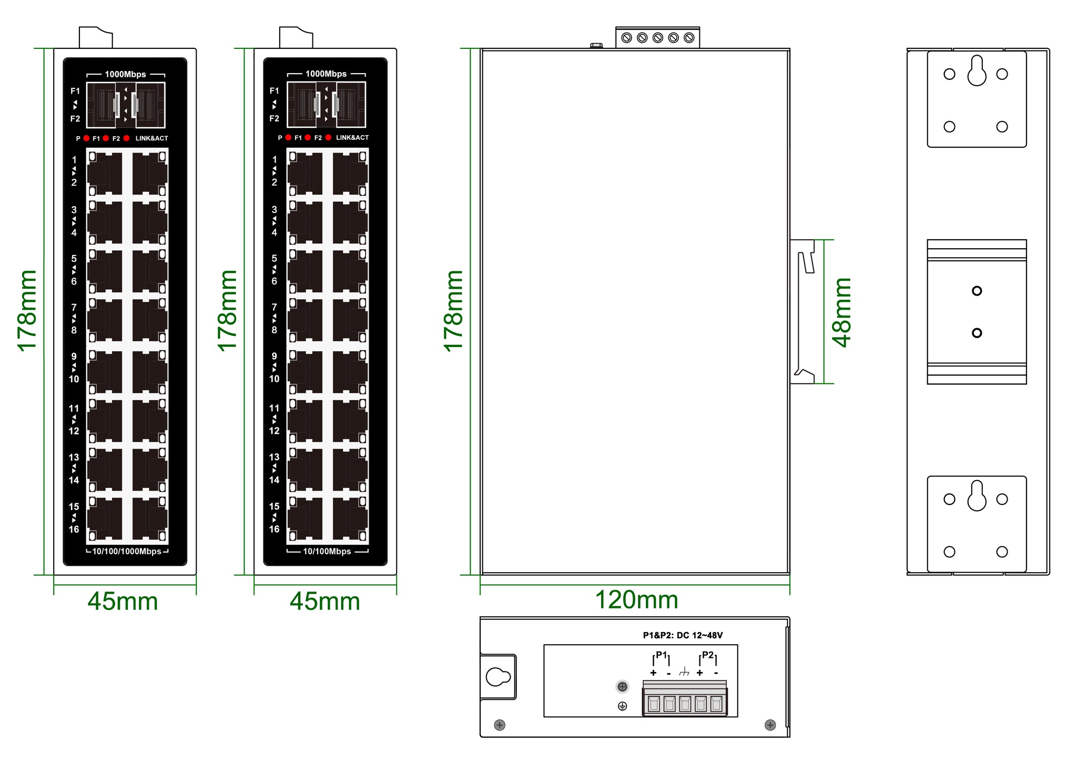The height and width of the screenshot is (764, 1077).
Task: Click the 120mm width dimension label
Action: pyautogui.click(x=636, y=600)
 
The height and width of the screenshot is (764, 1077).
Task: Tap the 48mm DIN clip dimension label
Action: pyautogui.click(x=841, y=312)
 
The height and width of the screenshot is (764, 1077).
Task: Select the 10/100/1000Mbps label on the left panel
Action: pyautogui.click(x=127, y=552)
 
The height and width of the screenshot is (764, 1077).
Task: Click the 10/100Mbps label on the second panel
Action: pyautogui.click(x=327, y=552)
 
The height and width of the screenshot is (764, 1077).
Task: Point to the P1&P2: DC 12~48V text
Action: pyautogui.click(x=683, y=635)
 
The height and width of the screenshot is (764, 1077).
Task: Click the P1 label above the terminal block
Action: pyautogui.click(x=661, y=655)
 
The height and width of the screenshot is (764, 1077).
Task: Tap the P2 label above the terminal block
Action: pyautogui.click(x=708, y=655)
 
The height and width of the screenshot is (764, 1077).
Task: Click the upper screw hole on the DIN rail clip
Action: pyautogui.click(x=977, y=291)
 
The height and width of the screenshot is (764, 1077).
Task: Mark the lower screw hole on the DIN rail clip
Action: pyautogui.click(x=977, y=333)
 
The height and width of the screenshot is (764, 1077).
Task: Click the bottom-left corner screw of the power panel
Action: pyautogui.click(x=500, y=725)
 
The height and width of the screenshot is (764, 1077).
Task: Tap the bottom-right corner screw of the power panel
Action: pyautogui.click(x=770, y=725)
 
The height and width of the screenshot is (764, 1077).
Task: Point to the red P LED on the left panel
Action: pyautogui.click(x=86, y=138)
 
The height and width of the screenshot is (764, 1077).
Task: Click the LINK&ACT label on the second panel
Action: pyautogui.click(x=352, y=138)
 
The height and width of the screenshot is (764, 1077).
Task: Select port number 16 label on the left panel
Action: pyautogui.click(x=74, y=529)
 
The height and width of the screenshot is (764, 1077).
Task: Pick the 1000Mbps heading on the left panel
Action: pyautogui.click(x=125, y=74)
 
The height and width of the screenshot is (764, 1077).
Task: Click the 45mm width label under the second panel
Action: pyautogui.click(x=325, y=602)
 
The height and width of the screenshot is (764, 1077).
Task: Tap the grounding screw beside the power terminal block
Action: pyautogui.click(x=622, y=687)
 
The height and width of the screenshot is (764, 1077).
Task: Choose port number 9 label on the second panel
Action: pyautogui.click(x=274, y=356)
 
